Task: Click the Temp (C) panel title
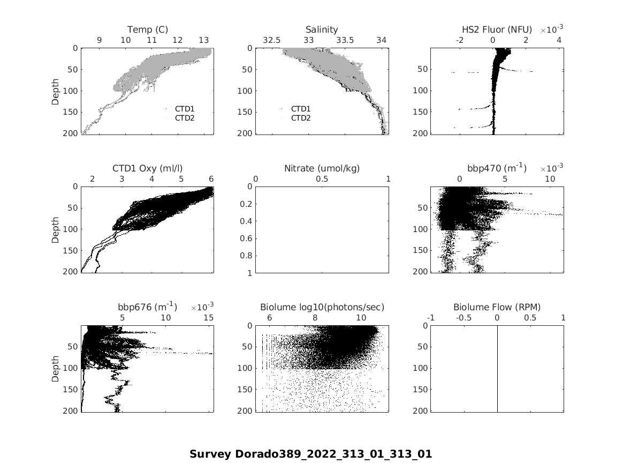pos(147,29)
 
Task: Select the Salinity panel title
pos(322,29)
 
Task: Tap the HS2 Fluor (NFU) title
pos(497,29)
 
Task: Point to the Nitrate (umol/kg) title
pos(322,168)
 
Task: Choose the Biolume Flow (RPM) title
pos(497,307)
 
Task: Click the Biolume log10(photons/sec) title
pos(322,307)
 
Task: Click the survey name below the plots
pos(310,454)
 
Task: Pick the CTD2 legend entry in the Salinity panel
pos(300,118)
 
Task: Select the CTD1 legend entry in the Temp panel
pos(185,109)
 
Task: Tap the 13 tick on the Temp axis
pos(204,41)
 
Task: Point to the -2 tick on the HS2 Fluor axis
pos(460,41)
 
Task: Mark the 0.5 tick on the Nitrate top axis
pos(322,180)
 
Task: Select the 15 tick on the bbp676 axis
pos(209,318)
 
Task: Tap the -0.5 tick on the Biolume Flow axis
pos(464,318)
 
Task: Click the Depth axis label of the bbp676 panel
pos(56,368)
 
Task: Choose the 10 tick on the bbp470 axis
pos(550,180)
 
